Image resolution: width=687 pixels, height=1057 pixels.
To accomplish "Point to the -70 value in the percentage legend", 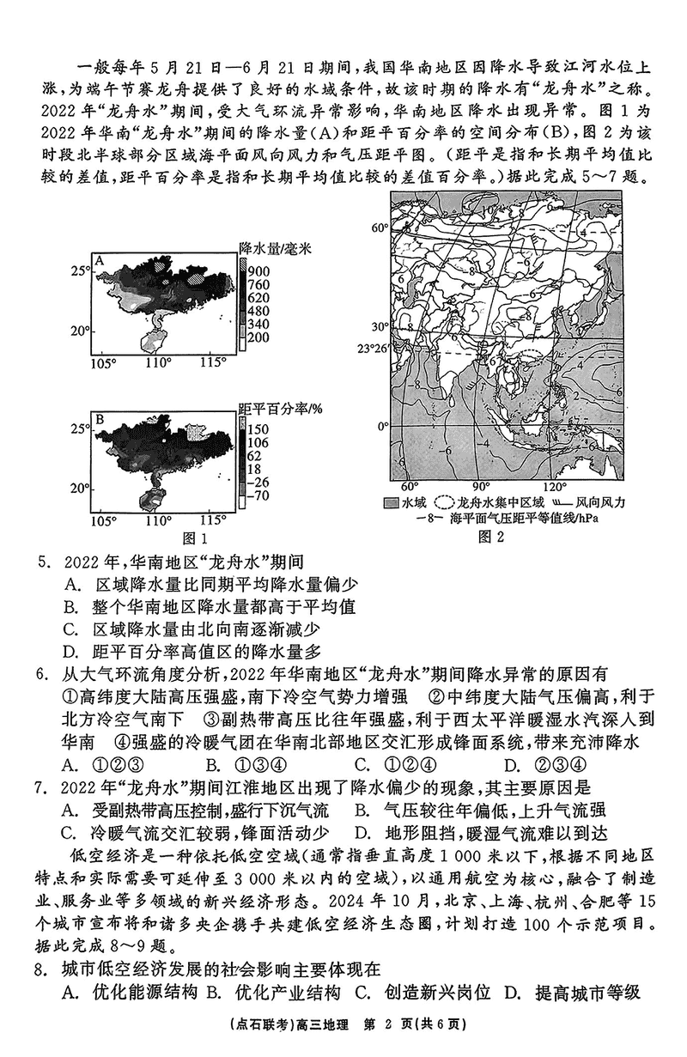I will tap(260, 495).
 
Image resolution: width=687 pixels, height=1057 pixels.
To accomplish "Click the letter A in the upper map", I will tap(100, 261).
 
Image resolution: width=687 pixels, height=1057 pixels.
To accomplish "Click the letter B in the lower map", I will tap(100, 420).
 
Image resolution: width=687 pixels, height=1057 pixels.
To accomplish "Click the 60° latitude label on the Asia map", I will tap(380, 228).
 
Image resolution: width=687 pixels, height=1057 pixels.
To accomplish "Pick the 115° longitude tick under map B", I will tap(211, 521).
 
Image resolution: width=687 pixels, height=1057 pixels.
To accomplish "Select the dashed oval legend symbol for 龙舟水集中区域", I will tap(447, 502).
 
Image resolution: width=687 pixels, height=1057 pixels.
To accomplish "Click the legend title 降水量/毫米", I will tap(274, 247).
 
